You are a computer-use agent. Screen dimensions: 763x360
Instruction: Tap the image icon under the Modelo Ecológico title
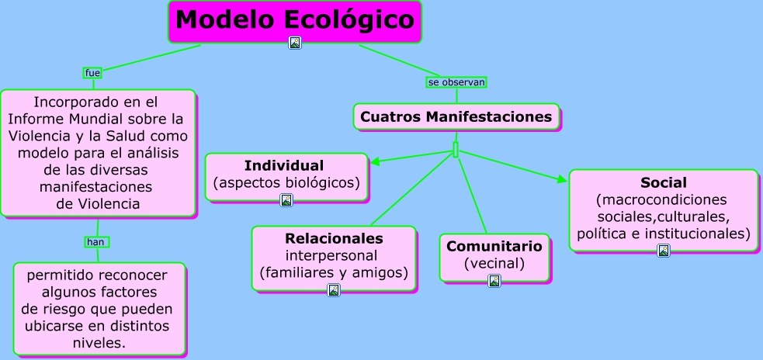(x=295, y=43)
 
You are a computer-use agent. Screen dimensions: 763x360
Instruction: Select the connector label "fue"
(x=93, y=73)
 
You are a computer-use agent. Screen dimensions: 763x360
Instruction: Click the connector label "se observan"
(x=456, y=81)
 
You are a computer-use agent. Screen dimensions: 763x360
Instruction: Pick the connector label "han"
(x=96, y=242)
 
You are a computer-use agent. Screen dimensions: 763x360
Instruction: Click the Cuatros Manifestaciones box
(x=456, y=117)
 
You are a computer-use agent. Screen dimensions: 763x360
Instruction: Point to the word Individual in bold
(x=284, y=165)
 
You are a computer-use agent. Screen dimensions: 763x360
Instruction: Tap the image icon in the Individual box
(x=286, y=200)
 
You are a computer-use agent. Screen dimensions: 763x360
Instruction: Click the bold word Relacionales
(x=334, y=238)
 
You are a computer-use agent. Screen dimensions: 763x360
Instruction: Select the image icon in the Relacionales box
(x=334, y=290)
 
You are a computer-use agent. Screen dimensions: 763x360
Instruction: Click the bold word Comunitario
(x=494, y=246)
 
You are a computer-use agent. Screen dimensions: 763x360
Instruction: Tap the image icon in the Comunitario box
(x=494, y=281)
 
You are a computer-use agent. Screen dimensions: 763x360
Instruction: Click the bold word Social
(x=664, y=183)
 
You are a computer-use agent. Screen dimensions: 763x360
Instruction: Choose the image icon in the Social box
(x=664, y=251)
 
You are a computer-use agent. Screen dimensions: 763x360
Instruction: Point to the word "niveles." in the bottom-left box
(x=99, y=342)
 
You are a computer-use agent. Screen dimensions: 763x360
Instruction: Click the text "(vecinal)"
(x=494, y=264)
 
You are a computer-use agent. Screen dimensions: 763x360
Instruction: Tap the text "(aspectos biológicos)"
(x=286, y=183)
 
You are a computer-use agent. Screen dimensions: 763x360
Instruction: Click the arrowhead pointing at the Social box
(x=563, y=180)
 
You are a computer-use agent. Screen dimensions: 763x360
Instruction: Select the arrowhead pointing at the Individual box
(x=375, y=163)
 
